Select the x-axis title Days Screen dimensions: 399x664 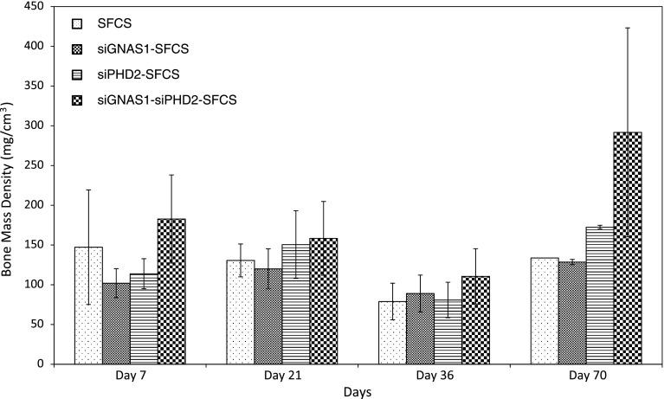pyautogui.click(x=356, y=391)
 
